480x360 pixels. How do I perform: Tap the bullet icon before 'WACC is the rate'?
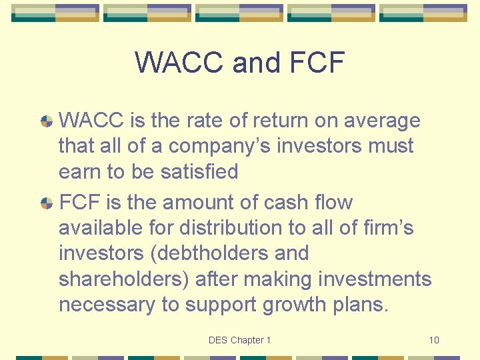pos(47,121)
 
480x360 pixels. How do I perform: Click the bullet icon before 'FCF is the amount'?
pos(47,203)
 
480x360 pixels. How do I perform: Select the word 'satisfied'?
pos(200,171)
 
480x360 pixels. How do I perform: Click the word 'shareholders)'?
pos(124,279)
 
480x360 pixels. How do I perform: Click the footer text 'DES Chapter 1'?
pos(239,340)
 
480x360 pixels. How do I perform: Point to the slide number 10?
pos(434,340)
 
